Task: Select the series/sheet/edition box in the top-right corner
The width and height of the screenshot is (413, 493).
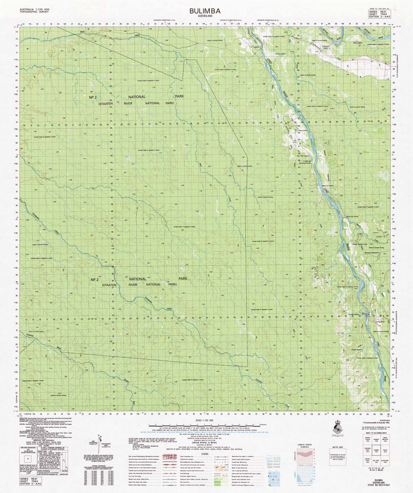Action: pos(378,13)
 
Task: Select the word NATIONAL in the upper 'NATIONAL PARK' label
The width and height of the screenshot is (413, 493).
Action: pos(137,97)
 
